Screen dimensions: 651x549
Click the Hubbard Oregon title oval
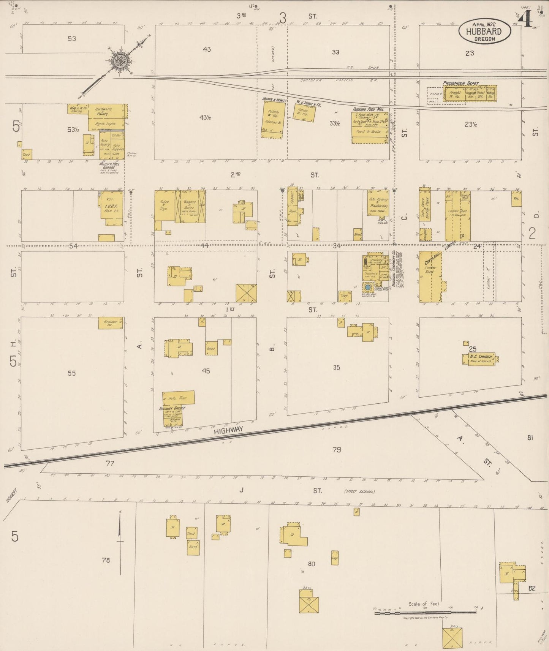pos(484,31)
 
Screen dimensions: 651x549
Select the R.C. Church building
pos(480,359)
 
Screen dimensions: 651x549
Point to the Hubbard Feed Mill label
pos(367,109)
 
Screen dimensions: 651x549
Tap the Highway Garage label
pos(172,408)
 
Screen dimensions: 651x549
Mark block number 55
pos(71,373)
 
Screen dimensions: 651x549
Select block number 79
pos(336,450)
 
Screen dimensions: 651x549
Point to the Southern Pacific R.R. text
pos(327,80)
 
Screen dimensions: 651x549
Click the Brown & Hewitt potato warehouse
pos(273,119)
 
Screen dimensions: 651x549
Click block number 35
pos(336,367)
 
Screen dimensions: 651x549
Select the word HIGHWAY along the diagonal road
pos(228,430)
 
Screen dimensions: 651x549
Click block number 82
pos(532,588)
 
